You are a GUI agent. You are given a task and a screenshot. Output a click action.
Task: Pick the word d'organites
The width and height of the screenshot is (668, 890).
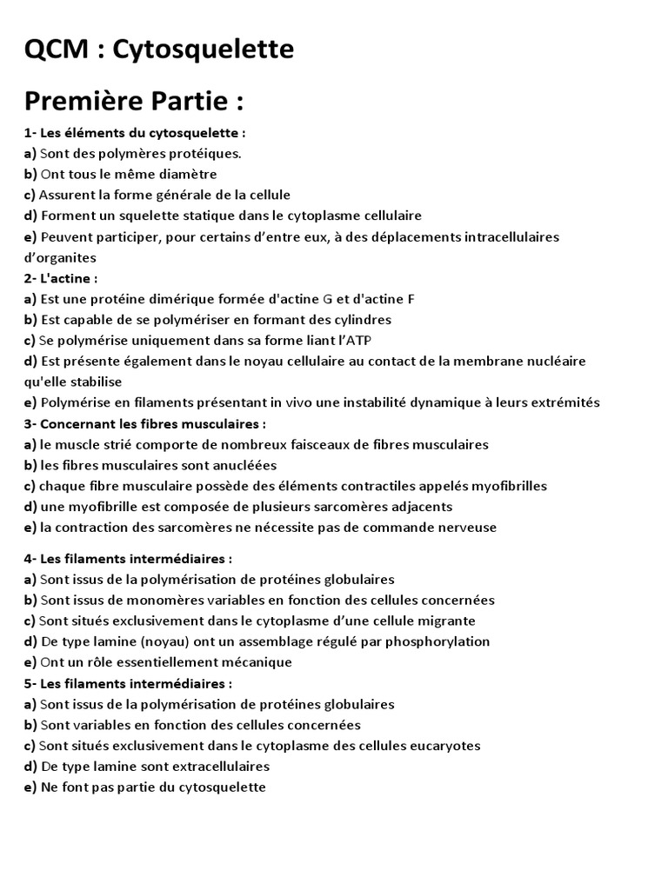click(x=60, y=257)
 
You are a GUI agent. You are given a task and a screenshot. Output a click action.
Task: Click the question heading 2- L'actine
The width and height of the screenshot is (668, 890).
click(x=61, y=278)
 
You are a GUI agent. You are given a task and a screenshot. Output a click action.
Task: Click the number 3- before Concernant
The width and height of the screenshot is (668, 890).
click(x=30, y=423)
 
